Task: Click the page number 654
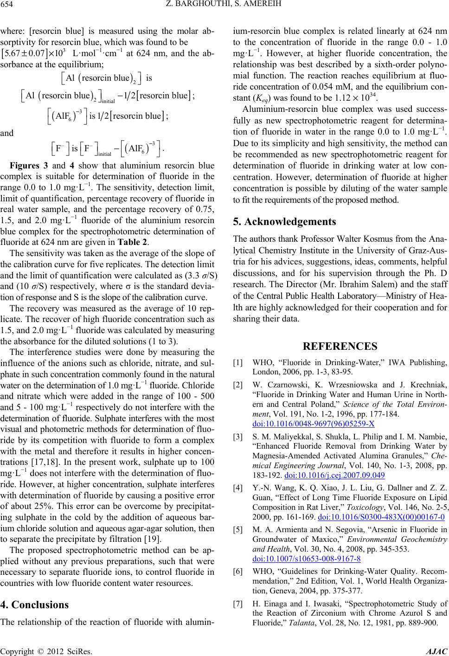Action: (x=8, y=6)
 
